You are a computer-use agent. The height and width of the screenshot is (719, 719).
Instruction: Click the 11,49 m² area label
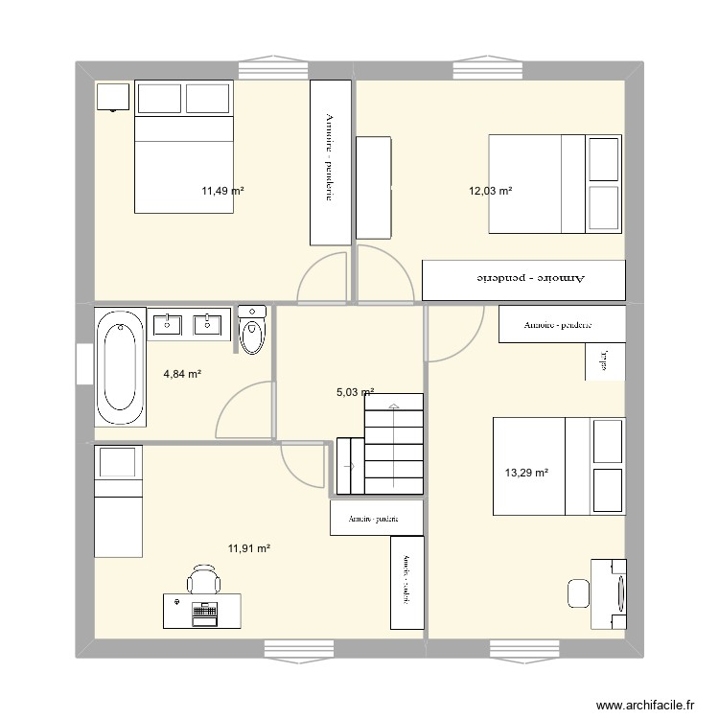pyautogui.click(x=221, y=191)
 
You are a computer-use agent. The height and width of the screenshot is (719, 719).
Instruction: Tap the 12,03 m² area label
pyautogui.click(x=490, y=191)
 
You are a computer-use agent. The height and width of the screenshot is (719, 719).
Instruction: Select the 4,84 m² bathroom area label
pyautogui.click(x=181, y=374)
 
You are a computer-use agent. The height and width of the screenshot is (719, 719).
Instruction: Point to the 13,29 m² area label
pyautogui.click(x=526, y=472)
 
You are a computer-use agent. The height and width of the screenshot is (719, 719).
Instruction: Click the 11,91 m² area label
pyautogui.click(x=248, y=548)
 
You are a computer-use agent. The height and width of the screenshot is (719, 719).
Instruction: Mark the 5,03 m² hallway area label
pyautogui.click(x=355, y=391)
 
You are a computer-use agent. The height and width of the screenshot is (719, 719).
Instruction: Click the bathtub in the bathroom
pyautogui.click(x=121, y=367)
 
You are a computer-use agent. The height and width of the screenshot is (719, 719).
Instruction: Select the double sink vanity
pyautogui.click(x=189, y=325)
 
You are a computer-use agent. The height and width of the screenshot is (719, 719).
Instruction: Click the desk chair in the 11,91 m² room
pyautogui.click(x=203, y=580)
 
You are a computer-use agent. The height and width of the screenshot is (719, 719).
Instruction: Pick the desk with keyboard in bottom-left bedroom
pyautogui.click(x=202, y=610)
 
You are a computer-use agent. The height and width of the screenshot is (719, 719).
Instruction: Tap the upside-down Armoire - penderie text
pyautogui.click(x=522, y=278)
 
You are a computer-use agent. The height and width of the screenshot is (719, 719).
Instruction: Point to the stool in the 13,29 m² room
pyautogui.click(x=578, y=593)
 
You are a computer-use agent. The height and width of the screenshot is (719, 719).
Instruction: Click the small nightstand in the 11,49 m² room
pyautogui.click(x=113, y=97)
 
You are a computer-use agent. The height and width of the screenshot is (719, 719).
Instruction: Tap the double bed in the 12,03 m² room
pyautogui.click(x=555, y=183)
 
